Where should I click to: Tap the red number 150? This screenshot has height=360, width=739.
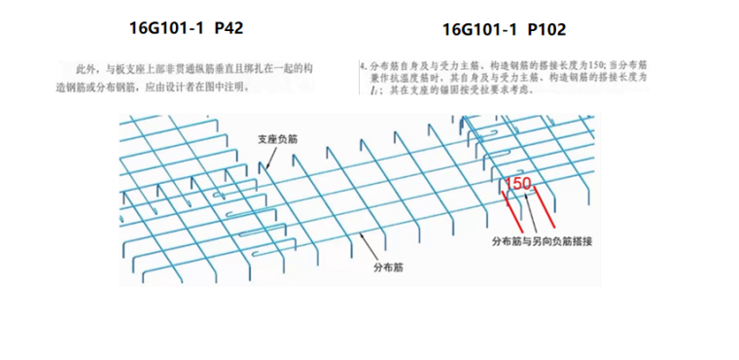[519, 183]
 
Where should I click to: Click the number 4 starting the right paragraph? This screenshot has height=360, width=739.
[362, 65]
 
